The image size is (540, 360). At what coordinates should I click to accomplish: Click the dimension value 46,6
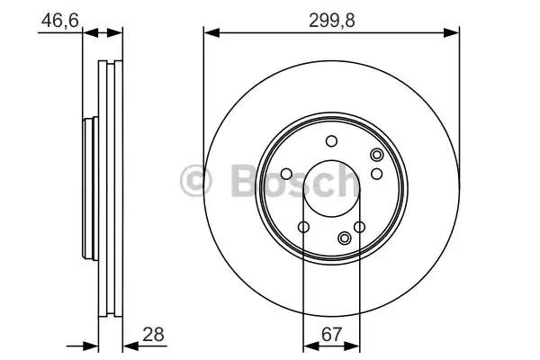tap(60, 21)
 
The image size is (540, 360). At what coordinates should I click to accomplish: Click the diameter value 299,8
tap(331, 21)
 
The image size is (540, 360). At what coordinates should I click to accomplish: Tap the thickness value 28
tap(153, 334)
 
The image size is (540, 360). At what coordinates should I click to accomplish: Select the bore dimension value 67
tap(331, 334)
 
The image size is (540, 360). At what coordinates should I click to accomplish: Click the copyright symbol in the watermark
tap(195, 181)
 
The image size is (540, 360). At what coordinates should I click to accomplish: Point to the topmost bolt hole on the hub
tap(331, 141)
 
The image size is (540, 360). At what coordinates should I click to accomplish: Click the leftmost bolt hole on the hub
tap(286, 174)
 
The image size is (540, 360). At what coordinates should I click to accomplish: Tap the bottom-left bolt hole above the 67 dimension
tap(303, 227)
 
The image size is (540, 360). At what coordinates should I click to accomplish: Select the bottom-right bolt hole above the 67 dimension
tap(359, 227)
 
